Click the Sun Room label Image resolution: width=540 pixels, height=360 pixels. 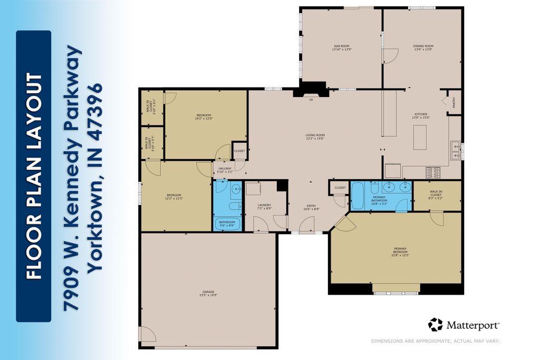pyautogui.click(x=341, y=46)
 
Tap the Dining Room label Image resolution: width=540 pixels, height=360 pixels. pyautogui.click(x=422, y=46)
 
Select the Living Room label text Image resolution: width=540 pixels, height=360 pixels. pyautogui.click(x=315, y=135)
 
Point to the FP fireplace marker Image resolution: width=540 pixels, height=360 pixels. pyautogui.click(x=311, y=100)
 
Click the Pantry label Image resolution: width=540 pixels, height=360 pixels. pyautogui.click(x=454, y=103)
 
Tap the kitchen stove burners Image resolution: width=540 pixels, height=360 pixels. pyautogui.click(x=432, y=171)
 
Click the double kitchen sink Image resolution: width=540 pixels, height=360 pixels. pyautogui.click(x=456, y=151)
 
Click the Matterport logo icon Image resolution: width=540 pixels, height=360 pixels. pyautogui.click(x=435, y=324)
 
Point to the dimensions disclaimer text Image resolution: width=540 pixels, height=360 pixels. pyautogui.click(x=435, y=341)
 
